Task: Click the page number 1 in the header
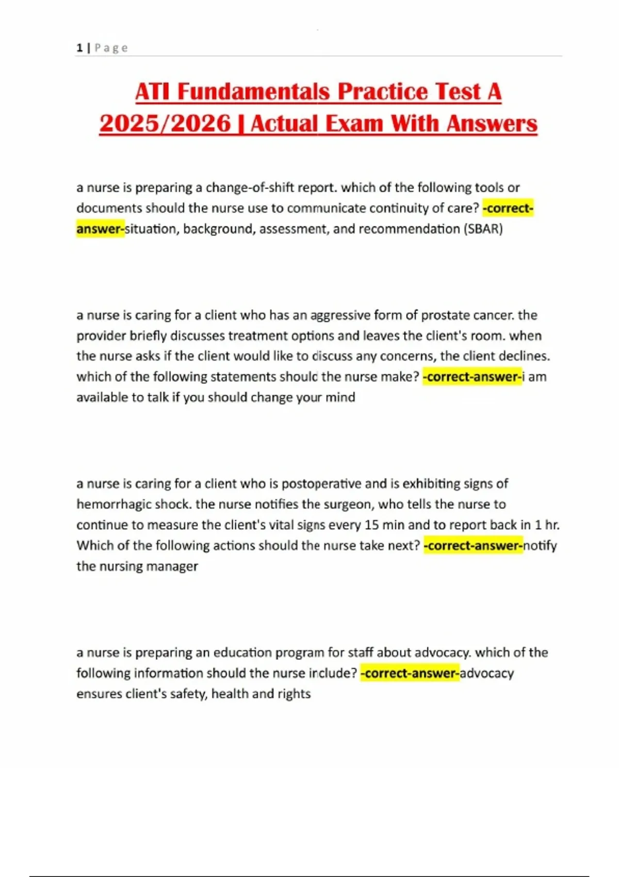click(x=79, y=48)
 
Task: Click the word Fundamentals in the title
click(x=253, y=92)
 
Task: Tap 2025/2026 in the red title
click(x=165, y=124)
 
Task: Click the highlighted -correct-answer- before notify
click(x=473, y=546)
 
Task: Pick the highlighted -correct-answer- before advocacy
click(x=410, y=673)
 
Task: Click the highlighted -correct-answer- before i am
click(x=472, y=377)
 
